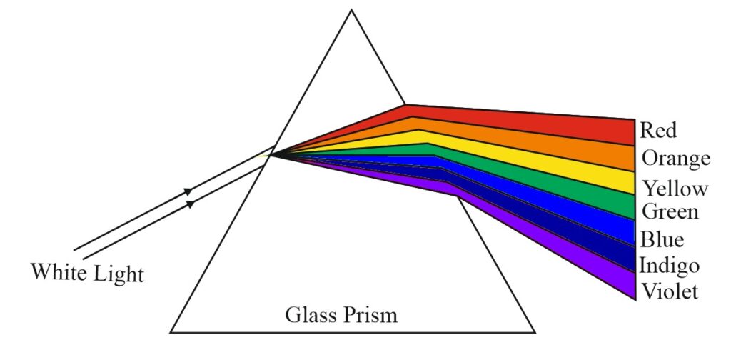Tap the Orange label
coord(676,159)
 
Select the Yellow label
coord(675,189)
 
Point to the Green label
coord(670,211)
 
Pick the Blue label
coord(662,239)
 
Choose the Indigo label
coord(670,266)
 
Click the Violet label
coord(670,291)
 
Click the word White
coord(59,271)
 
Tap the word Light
coord(119,274)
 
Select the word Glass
coord(310,315)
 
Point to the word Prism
coord(370,315)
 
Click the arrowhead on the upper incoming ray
coord(188,191)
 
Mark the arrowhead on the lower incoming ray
coord(190,204)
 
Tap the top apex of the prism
coord(351,10)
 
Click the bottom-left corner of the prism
coord(171,332)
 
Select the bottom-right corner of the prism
coord(535,332)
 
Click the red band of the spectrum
coord(513,121)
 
